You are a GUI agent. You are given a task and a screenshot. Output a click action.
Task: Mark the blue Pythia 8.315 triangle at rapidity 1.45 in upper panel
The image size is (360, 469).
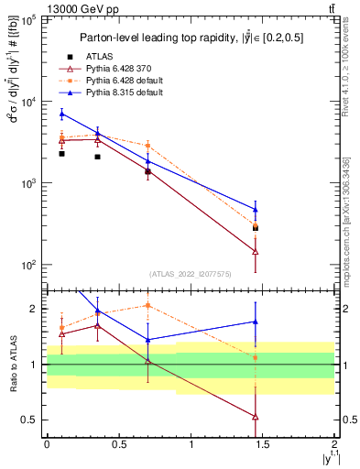(x=256, y=209)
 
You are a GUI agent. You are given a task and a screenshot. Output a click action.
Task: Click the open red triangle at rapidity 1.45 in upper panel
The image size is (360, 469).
(x=256, y=251)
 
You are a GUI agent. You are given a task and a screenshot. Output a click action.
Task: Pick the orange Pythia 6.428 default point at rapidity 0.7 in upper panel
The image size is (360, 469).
(x=147, y=146)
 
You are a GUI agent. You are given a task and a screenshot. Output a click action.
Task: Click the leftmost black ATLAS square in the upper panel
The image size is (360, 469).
(x=61, y=154)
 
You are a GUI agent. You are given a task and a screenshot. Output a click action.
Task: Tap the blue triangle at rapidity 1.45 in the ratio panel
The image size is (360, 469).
(x=256, y=322)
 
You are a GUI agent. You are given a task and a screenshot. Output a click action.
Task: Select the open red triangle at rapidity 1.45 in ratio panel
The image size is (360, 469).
(x=256, y=416)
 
